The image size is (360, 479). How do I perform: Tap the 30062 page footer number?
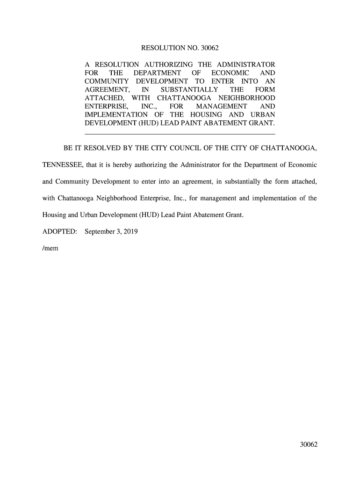[309, 444]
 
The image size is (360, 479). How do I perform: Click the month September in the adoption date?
[101, 232]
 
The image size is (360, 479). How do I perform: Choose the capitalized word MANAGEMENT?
[222, 107]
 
